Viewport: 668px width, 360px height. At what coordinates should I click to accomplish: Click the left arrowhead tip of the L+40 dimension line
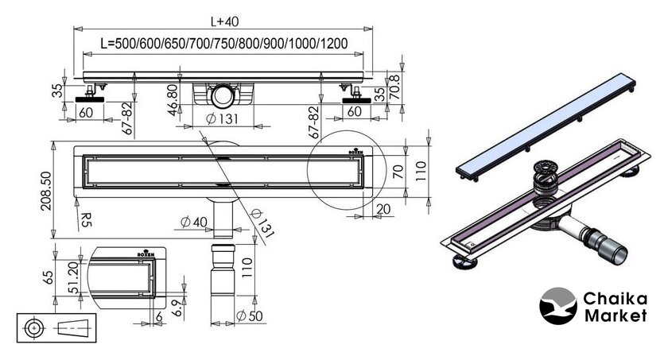(74, 29)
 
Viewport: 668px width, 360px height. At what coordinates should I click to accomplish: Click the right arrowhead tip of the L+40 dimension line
(372, 29)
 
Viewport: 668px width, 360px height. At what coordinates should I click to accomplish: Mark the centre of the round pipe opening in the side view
(223, 95)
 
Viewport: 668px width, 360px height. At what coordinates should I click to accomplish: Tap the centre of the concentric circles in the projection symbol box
(34, 328)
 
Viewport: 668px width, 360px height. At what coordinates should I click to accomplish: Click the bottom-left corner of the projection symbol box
(17, 342)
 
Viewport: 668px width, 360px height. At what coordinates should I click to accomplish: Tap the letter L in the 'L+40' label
(214, 21)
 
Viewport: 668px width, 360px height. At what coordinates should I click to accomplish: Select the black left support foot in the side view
(90, 99)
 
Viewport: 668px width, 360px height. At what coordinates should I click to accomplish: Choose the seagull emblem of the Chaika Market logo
(558, 306)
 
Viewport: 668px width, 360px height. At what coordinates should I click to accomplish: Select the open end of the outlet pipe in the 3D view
(618, 257)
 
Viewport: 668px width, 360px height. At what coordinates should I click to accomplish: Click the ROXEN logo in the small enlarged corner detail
(146, 253)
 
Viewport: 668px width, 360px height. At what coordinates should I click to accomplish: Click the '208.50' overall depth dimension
(45, 191)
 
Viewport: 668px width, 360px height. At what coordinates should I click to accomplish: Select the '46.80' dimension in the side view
(172, 99)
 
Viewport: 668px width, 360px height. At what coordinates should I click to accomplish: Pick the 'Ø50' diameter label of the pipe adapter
(250, 315)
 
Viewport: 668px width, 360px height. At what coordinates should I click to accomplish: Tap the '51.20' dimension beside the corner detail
(73, 277)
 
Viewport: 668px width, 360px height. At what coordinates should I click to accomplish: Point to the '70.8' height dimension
(395, 87)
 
